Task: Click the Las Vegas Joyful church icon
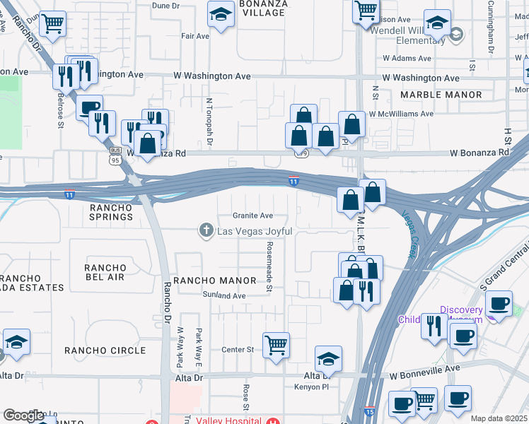tap(206, 229)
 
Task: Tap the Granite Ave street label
tap(252, 216)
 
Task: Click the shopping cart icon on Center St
tap(275, 346)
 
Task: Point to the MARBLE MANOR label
tap(441, 94)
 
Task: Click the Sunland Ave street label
tap(223, 295)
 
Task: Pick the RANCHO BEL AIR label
tap(105, 272)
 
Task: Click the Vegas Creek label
tap(408, 234)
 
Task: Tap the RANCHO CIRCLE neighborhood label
tap(105, 351)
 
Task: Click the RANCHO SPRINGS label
tap(112, 212)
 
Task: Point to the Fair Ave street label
tap(195, 35)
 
